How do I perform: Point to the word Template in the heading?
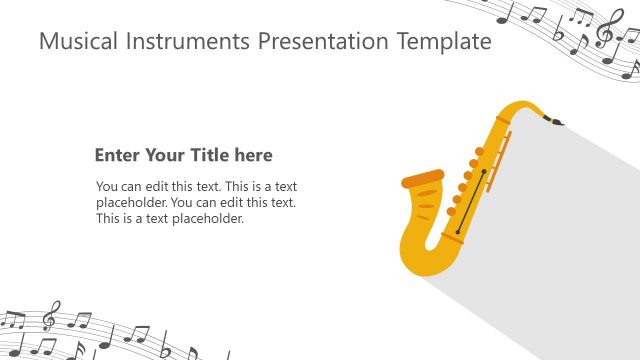click(447, 42)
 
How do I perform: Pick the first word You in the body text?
click(106, 186)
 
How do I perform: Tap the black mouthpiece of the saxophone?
click(553, 122)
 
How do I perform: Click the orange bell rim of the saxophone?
click(422, 180)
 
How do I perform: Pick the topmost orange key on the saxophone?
click(479, 152)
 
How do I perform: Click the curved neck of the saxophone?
click(520, 108)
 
